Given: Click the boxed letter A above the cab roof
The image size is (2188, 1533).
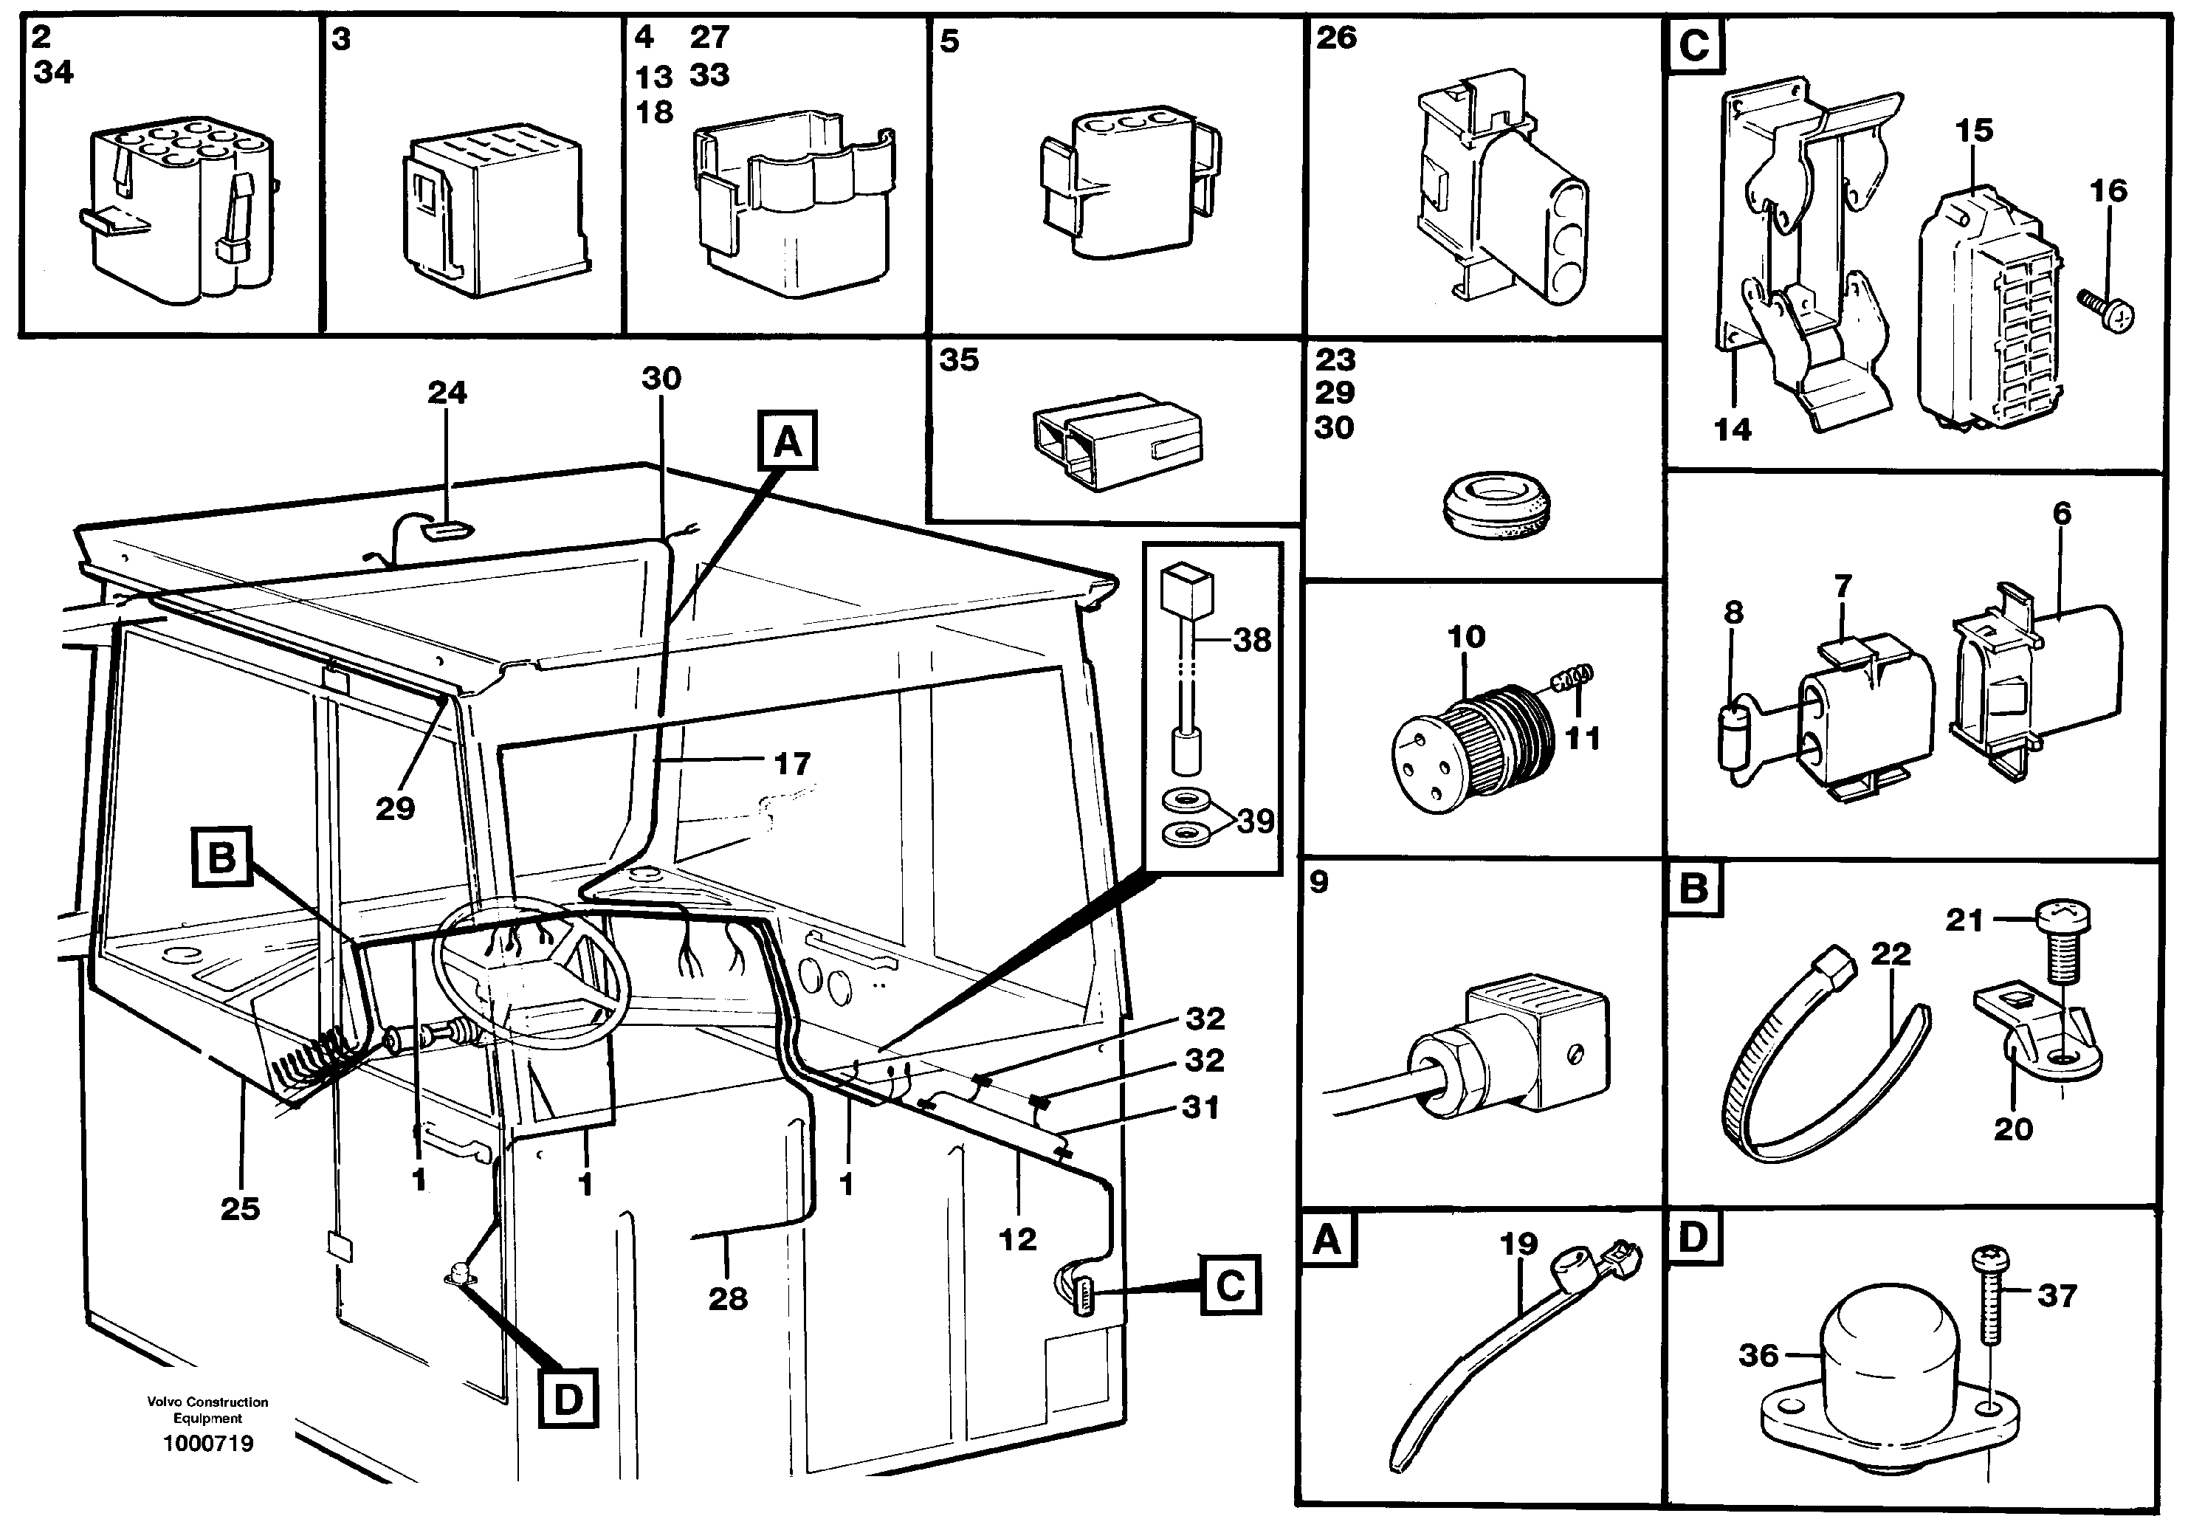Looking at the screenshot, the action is coord(787,441).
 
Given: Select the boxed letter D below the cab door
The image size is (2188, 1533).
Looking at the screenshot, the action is coord(568,1399).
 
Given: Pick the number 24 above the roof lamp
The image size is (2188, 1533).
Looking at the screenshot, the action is coord(447,393).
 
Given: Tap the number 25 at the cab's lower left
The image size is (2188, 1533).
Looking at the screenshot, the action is coord(239,1208).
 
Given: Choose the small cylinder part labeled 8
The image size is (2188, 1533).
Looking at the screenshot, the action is coord(1735,736).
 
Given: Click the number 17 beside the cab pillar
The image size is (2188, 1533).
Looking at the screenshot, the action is coord(792,763).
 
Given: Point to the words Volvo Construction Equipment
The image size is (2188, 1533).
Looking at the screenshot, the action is coord(207,1410).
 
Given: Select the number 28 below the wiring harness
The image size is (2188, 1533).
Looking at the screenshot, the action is coord(728,1298).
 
